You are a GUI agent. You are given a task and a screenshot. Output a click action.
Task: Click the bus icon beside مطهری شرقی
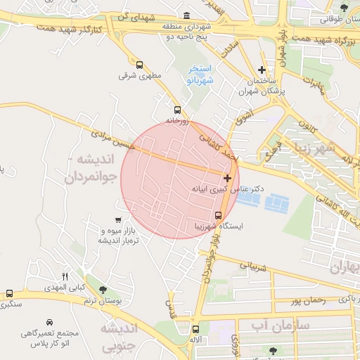139,64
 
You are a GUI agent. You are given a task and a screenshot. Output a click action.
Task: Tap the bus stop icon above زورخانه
177,110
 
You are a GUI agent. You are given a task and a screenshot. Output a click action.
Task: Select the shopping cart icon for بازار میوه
119,221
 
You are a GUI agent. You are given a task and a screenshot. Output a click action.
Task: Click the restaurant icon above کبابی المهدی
65,277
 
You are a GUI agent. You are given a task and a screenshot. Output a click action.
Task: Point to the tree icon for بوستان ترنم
103,290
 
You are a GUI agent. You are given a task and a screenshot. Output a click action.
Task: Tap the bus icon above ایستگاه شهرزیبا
218,216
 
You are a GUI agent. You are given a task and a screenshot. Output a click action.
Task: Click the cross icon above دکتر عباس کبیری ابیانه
227,179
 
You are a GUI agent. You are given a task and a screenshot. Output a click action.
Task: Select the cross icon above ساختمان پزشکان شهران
262,70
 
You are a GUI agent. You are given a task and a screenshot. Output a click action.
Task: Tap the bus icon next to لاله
195,329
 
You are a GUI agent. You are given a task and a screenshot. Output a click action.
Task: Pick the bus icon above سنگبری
9,293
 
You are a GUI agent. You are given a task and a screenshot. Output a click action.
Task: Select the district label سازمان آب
270,326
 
